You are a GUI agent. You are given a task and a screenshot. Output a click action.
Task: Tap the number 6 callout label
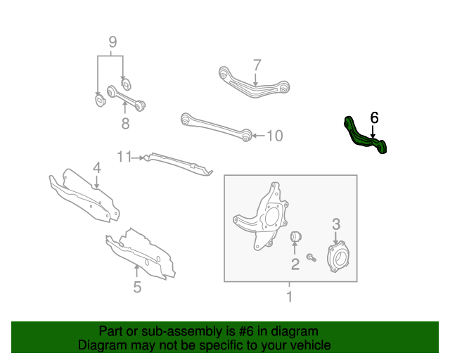(x=374, y=117)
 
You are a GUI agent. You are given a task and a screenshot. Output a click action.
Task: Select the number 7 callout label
(x=257, y=65)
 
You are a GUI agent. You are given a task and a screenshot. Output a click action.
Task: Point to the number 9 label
(x=111, y=43)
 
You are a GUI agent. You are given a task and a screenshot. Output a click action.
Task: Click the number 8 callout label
(x=125, y=124)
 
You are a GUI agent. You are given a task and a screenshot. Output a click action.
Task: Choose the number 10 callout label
(x=274, y=136)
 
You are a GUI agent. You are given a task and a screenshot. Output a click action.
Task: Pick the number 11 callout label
(x=124, y=157)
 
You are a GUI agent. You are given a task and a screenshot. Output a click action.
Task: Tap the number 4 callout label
(x=97, y=168)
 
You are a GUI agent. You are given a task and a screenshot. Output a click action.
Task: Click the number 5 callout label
(x=137, y=286)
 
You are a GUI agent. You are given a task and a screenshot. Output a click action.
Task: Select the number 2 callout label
(x=295, y=264)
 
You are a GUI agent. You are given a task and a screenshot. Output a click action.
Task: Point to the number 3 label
(x=336, y=224)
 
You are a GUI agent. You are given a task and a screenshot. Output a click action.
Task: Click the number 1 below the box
(x=289, y=297)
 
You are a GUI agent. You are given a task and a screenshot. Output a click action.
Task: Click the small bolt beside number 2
(x=312, y=258)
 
